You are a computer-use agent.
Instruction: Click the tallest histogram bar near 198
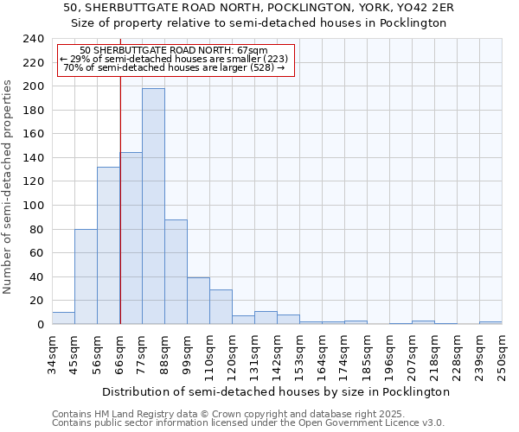[x=153, y=207]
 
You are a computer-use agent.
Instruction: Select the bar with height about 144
[x=131, y=238]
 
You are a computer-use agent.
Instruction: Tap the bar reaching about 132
[x=108, y=246]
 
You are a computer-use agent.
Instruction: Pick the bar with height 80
[x=86, y=276]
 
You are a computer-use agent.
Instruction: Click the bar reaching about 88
[x=176, y=272]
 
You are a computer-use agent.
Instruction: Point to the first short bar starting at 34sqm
[x=63, y=318]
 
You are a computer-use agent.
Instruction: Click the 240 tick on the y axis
[x=33, y=39]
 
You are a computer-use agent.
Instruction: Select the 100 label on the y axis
[x=33, y=206]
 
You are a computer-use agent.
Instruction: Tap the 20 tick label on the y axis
[x=36, y=301]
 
